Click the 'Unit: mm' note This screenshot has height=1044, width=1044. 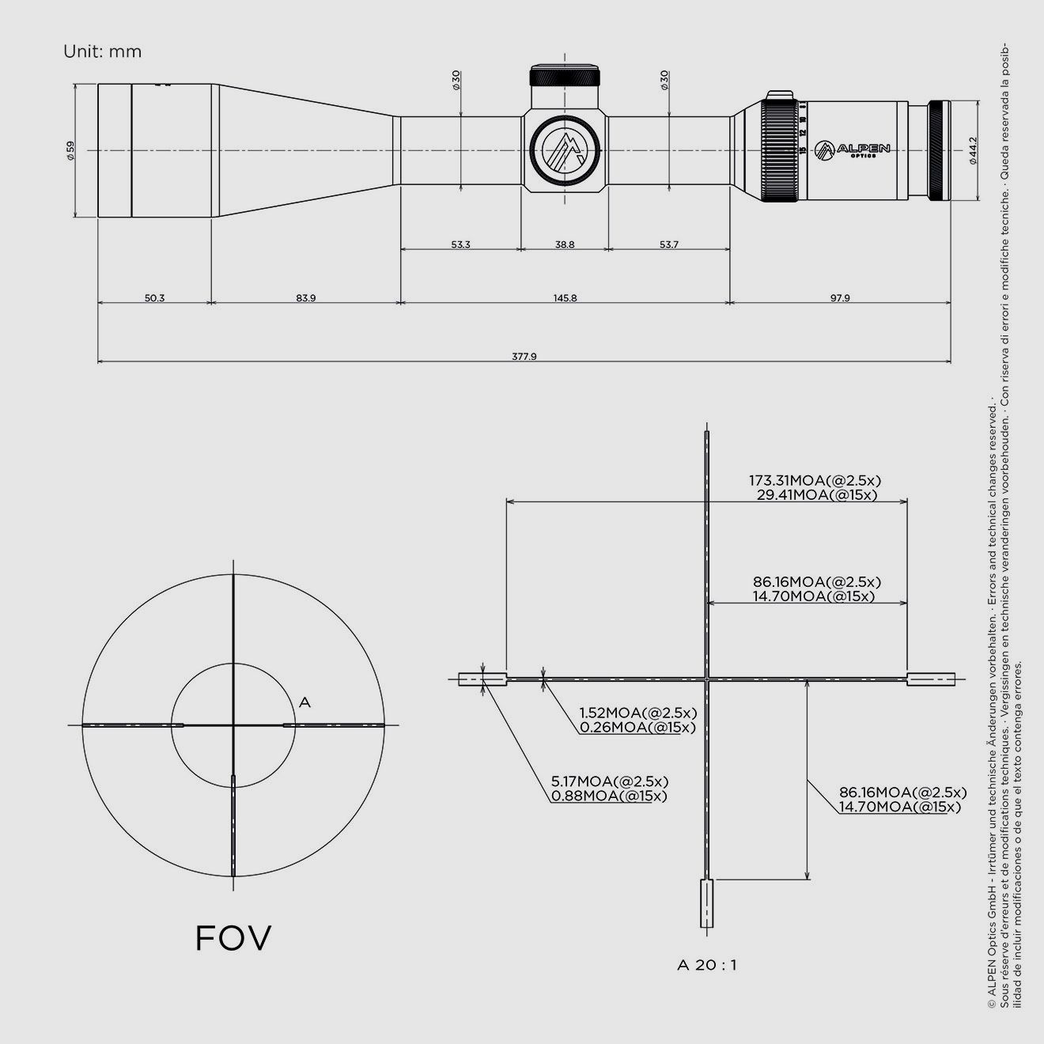coord(103,52)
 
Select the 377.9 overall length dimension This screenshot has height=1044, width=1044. coord(524,356)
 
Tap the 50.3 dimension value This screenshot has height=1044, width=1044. coord(154,298)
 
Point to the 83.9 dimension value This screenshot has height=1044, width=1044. coord(306,298)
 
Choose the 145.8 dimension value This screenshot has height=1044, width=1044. coord(565,298)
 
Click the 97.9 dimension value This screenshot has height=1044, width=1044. coord(840,298)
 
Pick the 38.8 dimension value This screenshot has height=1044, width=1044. coord(565,245)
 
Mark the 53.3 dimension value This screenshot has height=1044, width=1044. coord(460,245)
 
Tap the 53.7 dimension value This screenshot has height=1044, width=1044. coord(669,245)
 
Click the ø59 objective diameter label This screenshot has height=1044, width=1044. coord(70,150)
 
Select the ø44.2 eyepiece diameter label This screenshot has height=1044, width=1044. coord(972,150)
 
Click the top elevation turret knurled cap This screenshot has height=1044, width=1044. coord(565,77)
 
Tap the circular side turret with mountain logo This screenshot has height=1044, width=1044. coord(565,150)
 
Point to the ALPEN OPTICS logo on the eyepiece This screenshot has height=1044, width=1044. coord(853,149)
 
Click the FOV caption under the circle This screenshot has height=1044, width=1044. coord(233,938)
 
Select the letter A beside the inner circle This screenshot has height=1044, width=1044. coord(305,702)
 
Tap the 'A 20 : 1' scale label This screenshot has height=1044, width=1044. coord(707,965)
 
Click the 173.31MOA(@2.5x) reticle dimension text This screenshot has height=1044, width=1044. coord(815,480)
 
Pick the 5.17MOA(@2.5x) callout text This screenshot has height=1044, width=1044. coord(610,781)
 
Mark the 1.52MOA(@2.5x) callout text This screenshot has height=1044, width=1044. coord(637,713)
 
